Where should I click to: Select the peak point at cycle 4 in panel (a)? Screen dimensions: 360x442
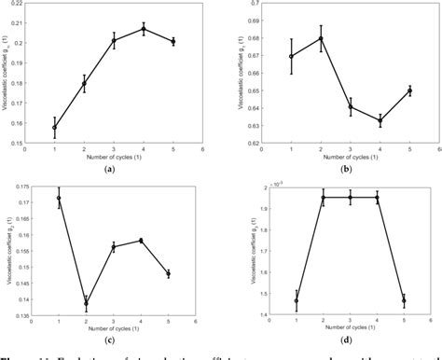144,29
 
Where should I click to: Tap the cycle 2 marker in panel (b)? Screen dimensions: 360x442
321,38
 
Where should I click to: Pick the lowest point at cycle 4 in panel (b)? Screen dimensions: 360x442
380,120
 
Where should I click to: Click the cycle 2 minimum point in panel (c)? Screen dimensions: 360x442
86,303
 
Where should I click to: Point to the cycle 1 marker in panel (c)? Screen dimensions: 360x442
58,198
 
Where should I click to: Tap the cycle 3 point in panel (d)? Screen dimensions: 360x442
351,197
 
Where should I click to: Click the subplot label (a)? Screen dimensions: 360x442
110,170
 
